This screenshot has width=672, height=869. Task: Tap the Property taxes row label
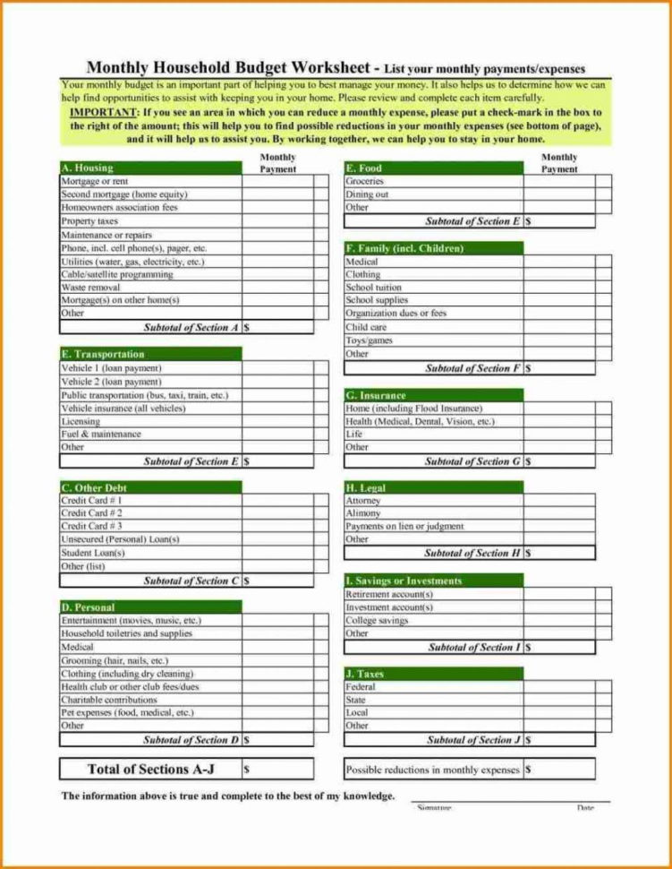[x=89, y=220]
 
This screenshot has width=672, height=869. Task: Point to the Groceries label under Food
[x=365, y=181]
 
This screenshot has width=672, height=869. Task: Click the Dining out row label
[x=367, y=194]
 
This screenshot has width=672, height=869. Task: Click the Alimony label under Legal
[x=363, y=513]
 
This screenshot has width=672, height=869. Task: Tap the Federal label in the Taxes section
[x=361, y=687]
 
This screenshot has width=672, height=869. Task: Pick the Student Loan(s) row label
[x=93, y=553]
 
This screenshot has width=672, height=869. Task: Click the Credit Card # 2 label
[x=91, y=513]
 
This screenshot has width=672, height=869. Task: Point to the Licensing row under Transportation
[x=81, y=421]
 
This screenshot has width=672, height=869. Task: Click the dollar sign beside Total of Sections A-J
[x=246, y=770]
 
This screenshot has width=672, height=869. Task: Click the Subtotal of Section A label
[x=191, y=328]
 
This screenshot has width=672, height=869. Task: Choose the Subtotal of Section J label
[x=473, y=740]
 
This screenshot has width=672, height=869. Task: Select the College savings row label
[x=377, y=620]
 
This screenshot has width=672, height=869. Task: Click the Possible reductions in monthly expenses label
[x=432, y=770]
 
